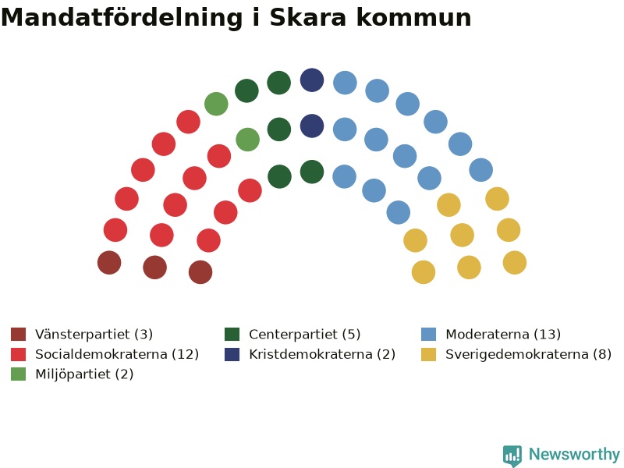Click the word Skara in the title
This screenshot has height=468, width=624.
coord(307,18)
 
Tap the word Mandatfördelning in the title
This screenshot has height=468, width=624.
coord(122,19)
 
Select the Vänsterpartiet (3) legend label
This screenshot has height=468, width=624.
coord(94,335)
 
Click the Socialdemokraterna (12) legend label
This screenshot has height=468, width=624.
coord(117,354)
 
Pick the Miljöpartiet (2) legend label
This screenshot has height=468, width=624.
coord(84,374)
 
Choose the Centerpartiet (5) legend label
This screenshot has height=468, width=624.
coord(305,335)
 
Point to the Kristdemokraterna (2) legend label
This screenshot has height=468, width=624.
coord(322,354)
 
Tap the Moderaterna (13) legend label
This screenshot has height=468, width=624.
coord(503,335)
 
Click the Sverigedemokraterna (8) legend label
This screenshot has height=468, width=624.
coord(528,354)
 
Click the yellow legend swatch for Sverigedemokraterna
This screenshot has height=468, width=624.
coord(428,354)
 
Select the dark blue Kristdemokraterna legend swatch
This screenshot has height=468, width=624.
coord(232,354)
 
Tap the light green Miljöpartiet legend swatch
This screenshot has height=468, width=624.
coord(18,374)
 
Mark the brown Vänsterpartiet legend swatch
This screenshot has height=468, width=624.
coord(18,335)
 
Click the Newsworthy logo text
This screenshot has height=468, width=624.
coord(574,454)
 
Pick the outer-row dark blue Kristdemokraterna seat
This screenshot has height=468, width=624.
coord(312,80)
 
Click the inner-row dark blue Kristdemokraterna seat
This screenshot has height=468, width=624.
coord(312,126)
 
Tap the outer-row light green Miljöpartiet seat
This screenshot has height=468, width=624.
coord(216,104)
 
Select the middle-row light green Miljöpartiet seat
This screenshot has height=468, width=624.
coord(247,140)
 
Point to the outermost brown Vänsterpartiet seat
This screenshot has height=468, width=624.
coord(109,263)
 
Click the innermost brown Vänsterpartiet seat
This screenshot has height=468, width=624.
coord(200,272)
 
